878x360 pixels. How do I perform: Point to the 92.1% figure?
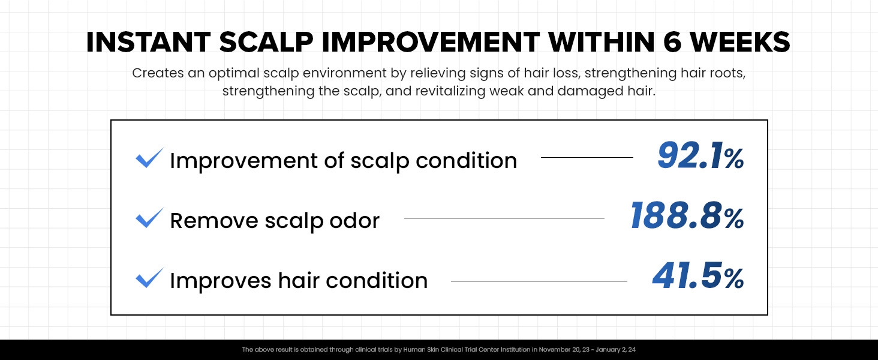click(x=700, y=157)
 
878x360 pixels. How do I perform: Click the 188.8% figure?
click(x=687, y=217)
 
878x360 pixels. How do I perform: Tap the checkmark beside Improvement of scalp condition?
click(x=149, y=158)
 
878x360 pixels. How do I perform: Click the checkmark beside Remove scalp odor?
click(x=149, y=218)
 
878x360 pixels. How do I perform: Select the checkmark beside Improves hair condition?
click(x=149, y=278)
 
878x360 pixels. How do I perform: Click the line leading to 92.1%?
click(x=587, y=158)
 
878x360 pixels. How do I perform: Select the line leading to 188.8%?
click(x=504, y=218)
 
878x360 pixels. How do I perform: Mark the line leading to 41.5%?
click(x=539, y=281)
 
